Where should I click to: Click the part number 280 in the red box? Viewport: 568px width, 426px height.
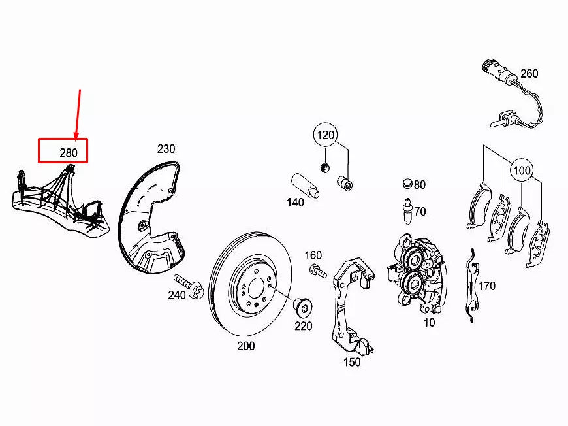click(68, 153)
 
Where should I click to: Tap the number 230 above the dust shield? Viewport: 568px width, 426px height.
click(166, 149)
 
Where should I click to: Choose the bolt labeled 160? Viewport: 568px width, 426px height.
click(318, 271)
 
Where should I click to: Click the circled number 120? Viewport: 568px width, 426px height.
click(326, 136)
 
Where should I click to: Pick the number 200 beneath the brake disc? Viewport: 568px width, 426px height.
click(245, 346)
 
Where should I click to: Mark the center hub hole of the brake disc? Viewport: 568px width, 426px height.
click(255, 287)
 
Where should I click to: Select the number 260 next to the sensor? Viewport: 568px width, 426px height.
click(529, 74)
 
